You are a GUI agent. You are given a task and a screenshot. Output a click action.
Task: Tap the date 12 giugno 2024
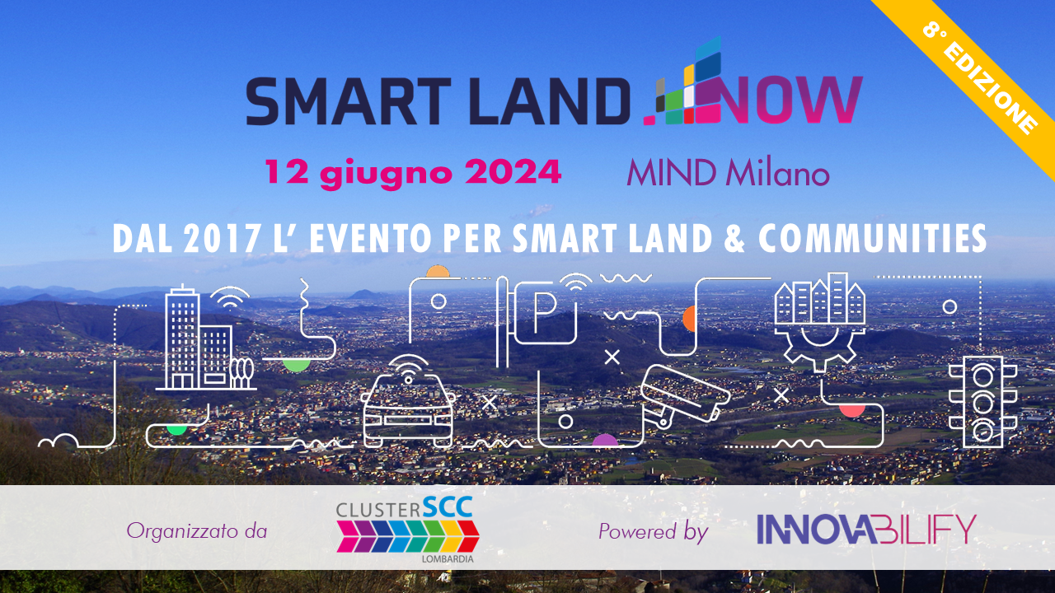tap(413, 173)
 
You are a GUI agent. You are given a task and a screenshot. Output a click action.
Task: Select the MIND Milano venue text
tap(728, 173)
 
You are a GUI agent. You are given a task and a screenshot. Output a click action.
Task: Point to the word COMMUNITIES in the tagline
tap(873, 239)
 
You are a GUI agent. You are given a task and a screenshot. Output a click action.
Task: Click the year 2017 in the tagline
tap(223, 239)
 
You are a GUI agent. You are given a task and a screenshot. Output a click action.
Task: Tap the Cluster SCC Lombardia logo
tap(407, 530)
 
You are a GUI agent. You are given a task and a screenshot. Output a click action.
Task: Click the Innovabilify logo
tap(866, 530)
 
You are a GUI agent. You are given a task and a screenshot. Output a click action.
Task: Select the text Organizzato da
tap(197, 531)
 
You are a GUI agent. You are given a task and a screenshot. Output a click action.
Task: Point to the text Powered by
tap(654, 532)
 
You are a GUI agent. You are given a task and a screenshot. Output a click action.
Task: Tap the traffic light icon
tap(983, 401)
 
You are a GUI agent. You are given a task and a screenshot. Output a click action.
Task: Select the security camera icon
tap(685, 396)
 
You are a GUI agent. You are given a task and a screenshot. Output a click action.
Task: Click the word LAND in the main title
tap(550, 100)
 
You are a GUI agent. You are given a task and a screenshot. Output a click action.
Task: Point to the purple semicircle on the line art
tap(605, 440)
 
